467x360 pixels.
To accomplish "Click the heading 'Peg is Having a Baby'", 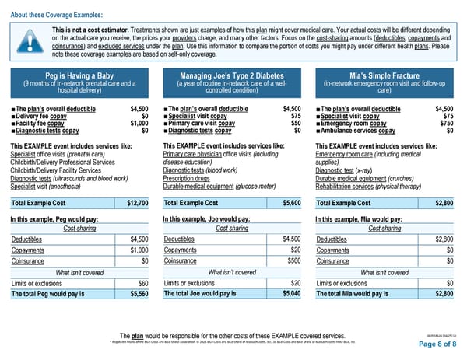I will click(80, 75).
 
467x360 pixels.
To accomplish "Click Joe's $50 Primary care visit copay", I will click(295, 123).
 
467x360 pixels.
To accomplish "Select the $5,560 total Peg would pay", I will click(138, 294).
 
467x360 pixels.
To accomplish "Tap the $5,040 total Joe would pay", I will click(292, 294).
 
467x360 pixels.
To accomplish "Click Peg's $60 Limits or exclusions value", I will click(142, 282).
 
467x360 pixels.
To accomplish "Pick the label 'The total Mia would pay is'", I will click(358, 294).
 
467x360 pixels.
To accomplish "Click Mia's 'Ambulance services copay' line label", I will click(363, 131).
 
